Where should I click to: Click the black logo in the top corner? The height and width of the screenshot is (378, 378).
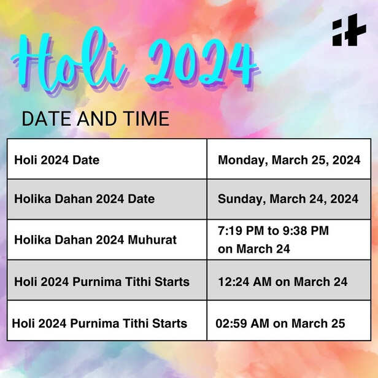click(349, 31)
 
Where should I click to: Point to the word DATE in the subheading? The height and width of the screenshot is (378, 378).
click(47, 118)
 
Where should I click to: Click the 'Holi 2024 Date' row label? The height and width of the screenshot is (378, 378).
click(56, 160)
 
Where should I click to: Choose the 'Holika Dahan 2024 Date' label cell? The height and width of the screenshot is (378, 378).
click(84, 199)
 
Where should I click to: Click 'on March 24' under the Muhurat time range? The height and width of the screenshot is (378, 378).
click(253, 249)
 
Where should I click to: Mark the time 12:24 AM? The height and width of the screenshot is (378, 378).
click(244, 282)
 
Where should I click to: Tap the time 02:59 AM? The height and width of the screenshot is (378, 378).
click(242, 323)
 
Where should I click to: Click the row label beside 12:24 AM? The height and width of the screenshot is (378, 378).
click(101, 282)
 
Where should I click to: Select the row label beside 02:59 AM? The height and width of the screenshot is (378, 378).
click(99, 323)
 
